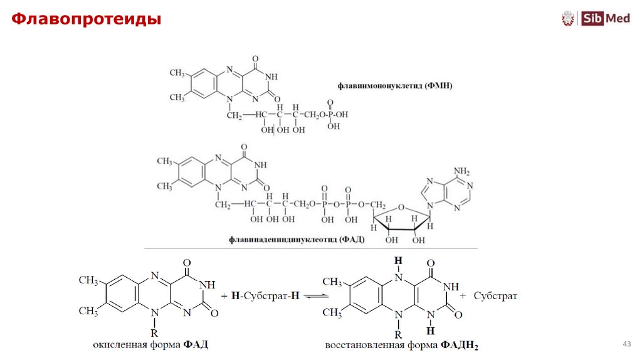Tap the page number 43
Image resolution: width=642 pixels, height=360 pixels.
click(x=625, y=344)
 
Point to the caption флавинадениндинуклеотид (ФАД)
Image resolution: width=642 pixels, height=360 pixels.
click(x=297, y=240)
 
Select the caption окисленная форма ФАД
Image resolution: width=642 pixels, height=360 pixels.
click(x=150, y=344)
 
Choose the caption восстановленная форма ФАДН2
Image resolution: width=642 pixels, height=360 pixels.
click(x=401, y=345)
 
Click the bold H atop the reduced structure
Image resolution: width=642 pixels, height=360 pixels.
click(x=397, y=260)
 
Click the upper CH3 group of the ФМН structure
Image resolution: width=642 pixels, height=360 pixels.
click(x=177, y=73)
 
